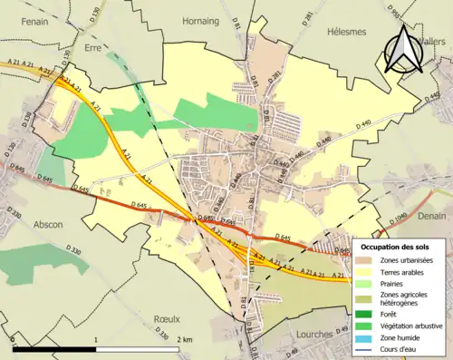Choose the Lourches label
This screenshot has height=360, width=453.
click(314, 335)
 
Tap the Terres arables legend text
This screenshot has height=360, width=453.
click(405, 272)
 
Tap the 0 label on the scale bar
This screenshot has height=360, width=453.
click(14, 339)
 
